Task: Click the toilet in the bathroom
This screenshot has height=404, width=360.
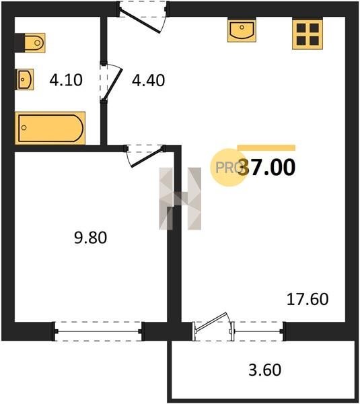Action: click(35, 42)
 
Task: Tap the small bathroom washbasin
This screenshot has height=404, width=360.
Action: click(25, 79)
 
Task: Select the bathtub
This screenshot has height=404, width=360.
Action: click(50, 128)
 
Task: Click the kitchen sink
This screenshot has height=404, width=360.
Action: click(242, 30)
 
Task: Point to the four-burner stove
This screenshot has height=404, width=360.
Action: click(308, 34)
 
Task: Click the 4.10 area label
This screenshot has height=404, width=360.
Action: click(66, 80)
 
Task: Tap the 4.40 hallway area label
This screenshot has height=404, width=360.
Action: click(148, 80)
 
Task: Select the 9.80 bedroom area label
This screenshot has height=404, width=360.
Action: click(90, 238)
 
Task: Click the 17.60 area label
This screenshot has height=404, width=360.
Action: click(308, 299)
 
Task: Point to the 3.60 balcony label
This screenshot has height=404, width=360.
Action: click(264, 370)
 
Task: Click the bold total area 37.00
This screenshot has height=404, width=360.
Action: click(266, 167)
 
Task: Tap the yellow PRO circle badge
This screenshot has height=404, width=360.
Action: click(229, 168)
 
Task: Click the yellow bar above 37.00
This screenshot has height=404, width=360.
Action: click(266, 147)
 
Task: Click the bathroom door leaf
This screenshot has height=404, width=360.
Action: click(112, 83)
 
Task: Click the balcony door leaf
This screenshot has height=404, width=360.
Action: click(211, 322)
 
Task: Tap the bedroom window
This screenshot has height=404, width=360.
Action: click(98, 331)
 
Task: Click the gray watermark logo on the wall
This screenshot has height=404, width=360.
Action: click(180, 199)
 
